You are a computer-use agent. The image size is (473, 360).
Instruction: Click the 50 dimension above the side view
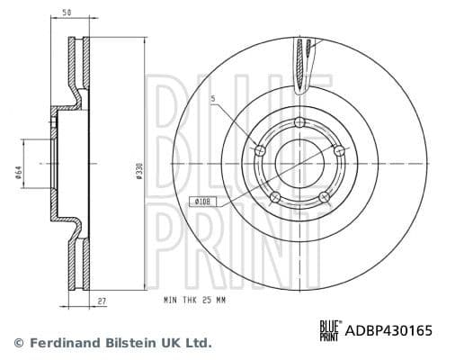pyautogui.click(x=67, y=13)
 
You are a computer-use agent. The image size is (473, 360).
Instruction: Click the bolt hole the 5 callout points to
pyautogui.click(x=262, y=150)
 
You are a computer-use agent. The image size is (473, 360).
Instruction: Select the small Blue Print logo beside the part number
pyautogui.click(x=330, y=330)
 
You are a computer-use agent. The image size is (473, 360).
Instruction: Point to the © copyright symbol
pyautogui.click(x=20, y=343)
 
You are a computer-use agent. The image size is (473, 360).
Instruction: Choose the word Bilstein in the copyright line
pyautogui.click(x=130, y=343)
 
